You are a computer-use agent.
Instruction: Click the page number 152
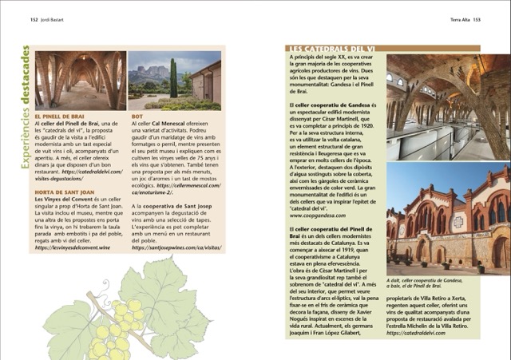tap(35, 20)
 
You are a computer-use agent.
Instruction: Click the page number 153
tap(476, 20)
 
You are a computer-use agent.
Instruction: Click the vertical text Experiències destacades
tap(23, 107)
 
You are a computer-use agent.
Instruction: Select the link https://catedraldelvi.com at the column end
tap(416, 333)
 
